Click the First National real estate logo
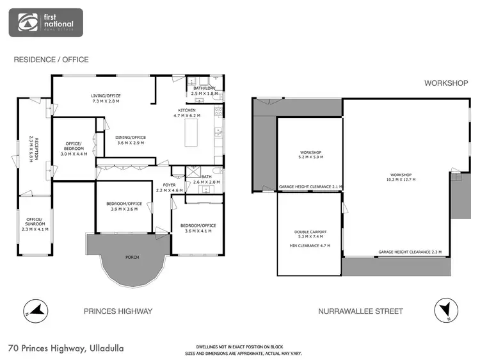(x=45, y=22)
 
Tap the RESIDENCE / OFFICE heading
(x=51, y=60)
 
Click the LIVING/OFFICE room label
(x=106, y=96)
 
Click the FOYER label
(x=169, y=184)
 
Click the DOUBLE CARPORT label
(x=310, y=232)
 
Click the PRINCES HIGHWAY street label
(x=118, y=311)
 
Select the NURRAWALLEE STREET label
(x=360, y=311)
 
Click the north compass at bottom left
(x=35, y=311)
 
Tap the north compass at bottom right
(x=445, y=311)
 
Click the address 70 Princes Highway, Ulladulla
(x=66, y=348)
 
